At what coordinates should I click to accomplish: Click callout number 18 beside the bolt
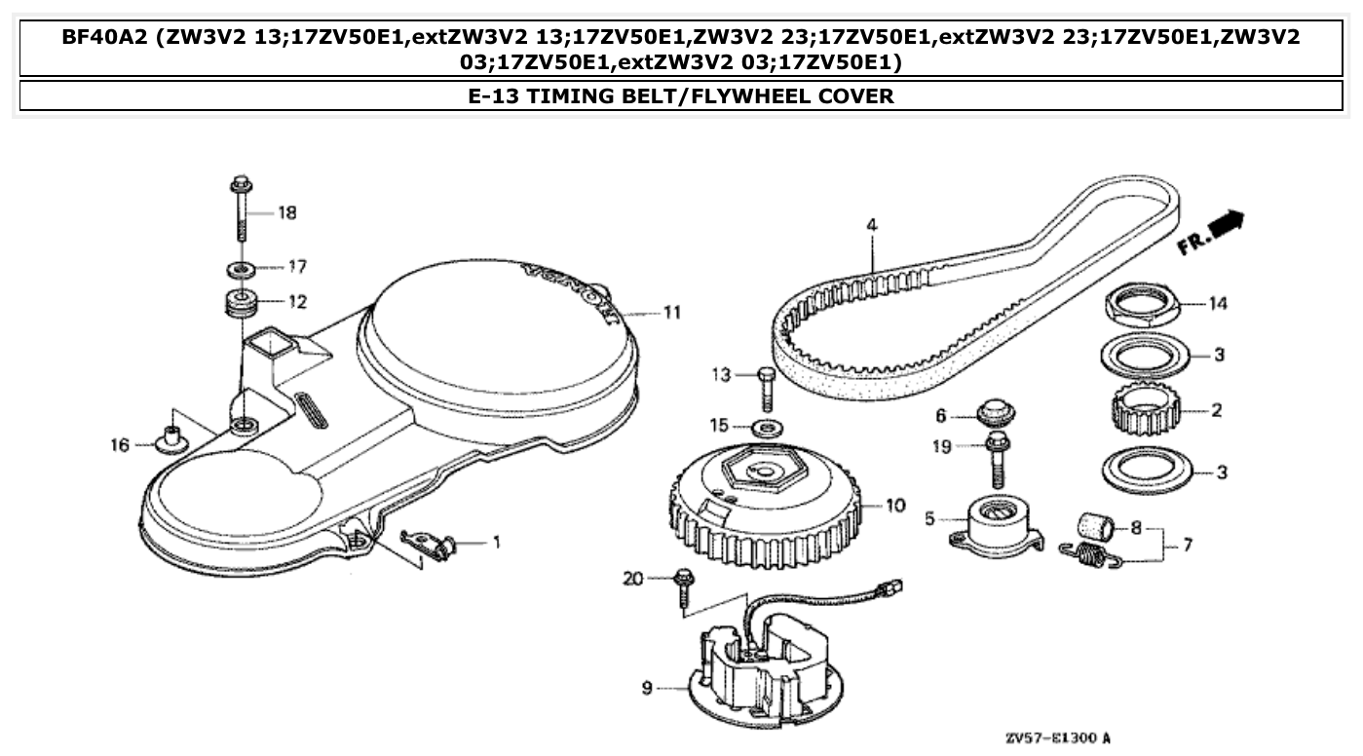click(x=287, y=212)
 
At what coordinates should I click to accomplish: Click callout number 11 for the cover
click(x=671, y=313)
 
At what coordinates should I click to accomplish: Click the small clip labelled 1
click(x=430, y=541)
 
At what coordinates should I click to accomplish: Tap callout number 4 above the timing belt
click(x=872, y=225)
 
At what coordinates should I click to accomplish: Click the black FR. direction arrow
click(x=1230, y=225)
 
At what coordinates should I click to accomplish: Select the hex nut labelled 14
click(x=1142, y=304)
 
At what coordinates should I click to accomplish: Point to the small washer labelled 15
click(x=770, y=427)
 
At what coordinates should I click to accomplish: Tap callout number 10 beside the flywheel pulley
click(x=895, y=506)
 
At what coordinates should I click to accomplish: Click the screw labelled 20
click(x=683, y=586)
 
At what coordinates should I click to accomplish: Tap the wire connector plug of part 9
click(x=890, y=588)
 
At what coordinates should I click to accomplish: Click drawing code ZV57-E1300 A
click(x=1057, y=739)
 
